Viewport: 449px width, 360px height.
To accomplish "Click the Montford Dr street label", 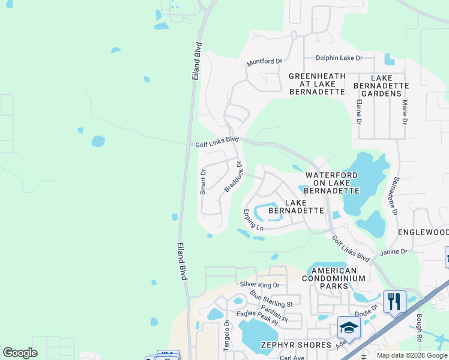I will [264, 62].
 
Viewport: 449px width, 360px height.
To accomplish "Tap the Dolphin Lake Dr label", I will [340, 58].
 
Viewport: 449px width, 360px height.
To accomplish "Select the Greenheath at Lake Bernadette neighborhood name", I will [317, 84].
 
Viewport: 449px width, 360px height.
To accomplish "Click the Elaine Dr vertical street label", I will [359, 112].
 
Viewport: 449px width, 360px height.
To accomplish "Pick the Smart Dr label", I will [203, 182].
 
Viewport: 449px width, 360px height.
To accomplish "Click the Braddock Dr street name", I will [234, 176].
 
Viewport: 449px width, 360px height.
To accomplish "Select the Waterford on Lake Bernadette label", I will [332, 182].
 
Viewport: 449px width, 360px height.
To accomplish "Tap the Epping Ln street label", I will [253, 220].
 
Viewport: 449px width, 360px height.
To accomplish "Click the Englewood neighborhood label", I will [423, 232].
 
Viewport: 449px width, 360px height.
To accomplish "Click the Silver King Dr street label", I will [261, 284].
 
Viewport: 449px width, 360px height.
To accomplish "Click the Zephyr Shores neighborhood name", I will [295, 345].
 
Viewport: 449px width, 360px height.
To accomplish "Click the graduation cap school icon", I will [349, 328].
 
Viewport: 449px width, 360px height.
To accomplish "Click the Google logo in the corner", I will [20, 353].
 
